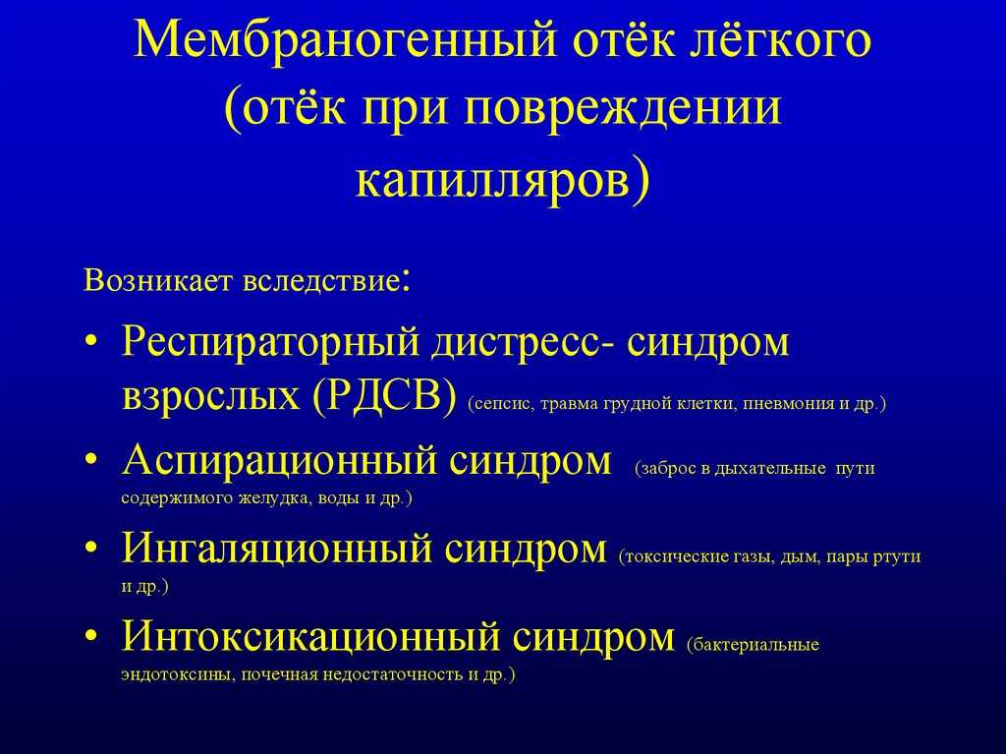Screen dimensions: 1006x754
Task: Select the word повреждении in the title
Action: (622, 108)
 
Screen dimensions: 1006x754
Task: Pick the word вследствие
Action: (321, 282)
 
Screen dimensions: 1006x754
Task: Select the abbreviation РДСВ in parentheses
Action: (385, 394)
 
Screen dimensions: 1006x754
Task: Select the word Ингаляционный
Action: (278, 550)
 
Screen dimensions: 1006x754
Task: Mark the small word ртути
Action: (897, 557)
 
